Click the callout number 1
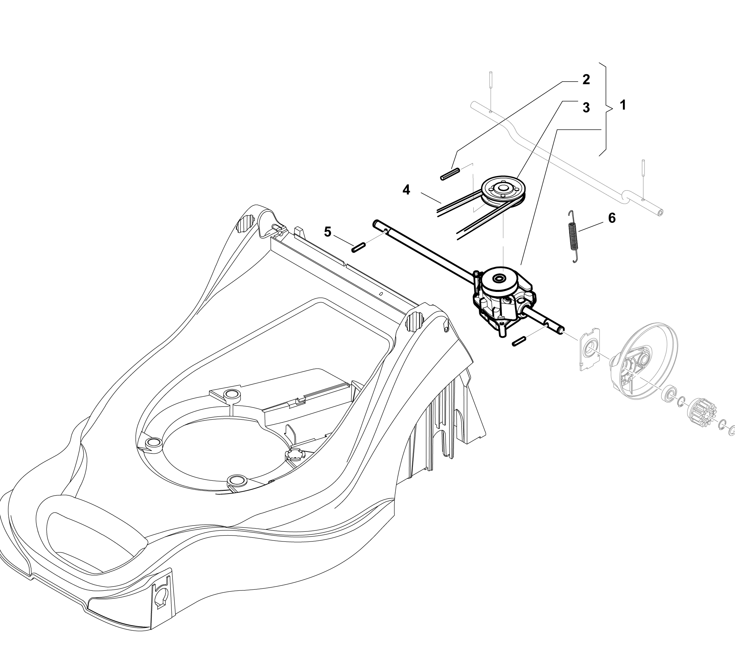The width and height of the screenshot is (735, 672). point(623,105)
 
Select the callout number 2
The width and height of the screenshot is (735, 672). point(586,79)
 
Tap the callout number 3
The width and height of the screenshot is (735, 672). point(586,108)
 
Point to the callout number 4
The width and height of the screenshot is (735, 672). point(406,190)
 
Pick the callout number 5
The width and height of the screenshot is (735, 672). point(327,232)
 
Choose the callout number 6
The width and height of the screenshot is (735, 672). point(612,218)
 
